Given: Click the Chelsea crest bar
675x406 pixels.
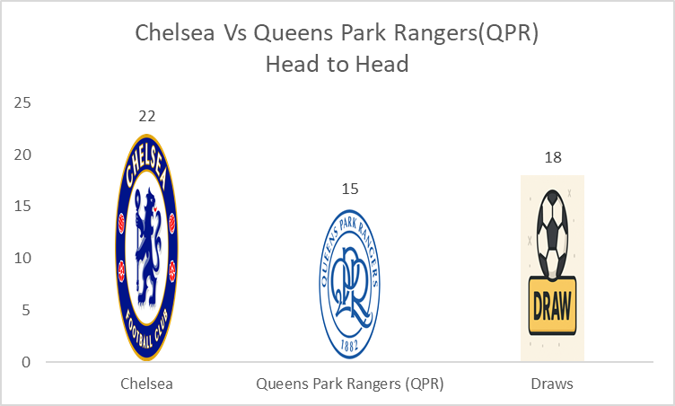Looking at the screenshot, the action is click(147, 247).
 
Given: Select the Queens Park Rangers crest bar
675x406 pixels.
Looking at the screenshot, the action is click(350, 284).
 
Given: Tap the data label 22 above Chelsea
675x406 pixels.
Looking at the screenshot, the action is click(147, 116).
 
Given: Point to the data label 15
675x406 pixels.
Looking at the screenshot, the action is click(350, 189).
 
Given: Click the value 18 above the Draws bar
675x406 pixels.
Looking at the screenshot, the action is click(553, 157).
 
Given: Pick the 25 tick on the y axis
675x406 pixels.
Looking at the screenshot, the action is click(22, 102).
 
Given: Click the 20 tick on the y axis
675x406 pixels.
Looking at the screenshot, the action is click(22, 154).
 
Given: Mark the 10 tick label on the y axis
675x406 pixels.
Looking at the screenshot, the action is click(22, 258).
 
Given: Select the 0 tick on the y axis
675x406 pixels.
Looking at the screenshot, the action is click(26, 362).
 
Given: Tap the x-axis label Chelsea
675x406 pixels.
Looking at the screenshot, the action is click(147, 384).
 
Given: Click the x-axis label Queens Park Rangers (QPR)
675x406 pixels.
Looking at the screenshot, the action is click(350, 384).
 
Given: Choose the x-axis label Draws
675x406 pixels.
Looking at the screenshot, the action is click(552, 384).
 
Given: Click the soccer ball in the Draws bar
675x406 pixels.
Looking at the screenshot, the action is click(552, 235).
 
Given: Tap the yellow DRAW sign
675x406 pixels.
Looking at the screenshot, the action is click(552, 305).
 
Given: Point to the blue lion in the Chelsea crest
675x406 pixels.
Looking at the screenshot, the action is click(147, 247).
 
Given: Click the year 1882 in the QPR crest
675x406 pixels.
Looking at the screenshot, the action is click(349, 345).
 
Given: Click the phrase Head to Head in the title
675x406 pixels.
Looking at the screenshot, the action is click(337, 64).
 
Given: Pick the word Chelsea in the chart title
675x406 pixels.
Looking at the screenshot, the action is click(175, 32).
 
